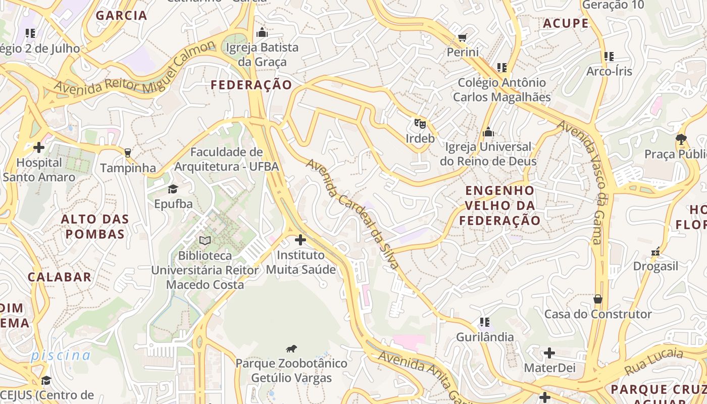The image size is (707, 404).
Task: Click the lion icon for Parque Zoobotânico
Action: pos(291,348)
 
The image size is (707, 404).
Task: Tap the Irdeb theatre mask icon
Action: pos(420,123)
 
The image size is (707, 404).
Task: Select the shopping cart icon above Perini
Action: pos(462,37)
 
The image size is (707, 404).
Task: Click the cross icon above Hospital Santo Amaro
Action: pos(38,147)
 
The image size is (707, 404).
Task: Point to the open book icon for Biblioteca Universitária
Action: pos(205,240)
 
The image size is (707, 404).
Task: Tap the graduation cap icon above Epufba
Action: pos(173,189)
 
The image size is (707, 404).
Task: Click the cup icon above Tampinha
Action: pos(127,153)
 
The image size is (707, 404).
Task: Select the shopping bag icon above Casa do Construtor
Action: pos(598,299)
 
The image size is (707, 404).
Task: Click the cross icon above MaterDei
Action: pos(549,353)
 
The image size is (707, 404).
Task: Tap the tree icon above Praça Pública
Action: pos(681,139)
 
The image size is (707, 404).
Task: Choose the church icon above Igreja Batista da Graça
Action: pos(262,33)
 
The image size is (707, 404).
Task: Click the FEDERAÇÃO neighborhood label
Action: pos(251,85)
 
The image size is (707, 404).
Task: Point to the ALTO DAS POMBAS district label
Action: pos(95,226)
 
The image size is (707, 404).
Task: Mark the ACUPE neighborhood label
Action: pos(566,23)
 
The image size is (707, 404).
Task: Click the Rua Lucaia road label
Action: pos(654,361)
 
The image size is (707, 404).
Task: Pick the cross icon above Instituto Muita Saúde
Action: pos(300,240)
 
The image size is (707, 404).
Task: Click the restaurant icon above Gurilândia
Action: pos(485,322)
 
